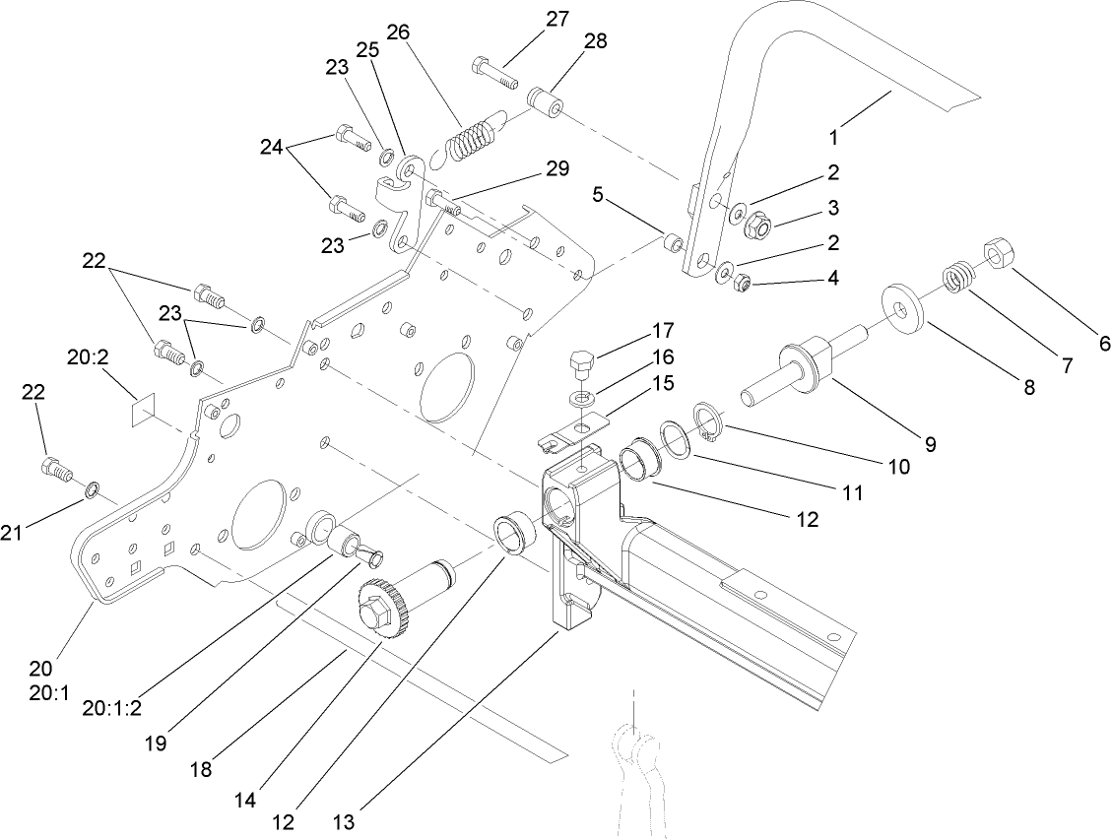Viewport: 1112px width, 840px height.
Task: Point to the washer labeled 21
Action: [x=92, y=488]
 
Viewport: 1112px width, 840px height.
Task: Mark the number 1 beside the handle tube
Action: [x=833, y=138]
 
